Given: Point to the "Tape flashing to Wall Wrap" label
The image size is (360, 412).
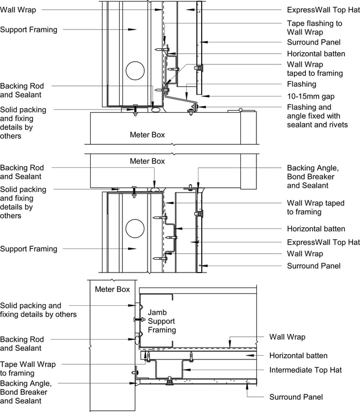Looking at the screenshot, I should tap(314, 28).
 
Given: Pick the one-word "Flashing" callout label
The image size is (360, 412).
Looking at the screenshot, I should tap(302, 84).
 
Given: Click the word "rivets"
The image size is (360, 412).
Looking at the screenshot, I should tap(336, 124).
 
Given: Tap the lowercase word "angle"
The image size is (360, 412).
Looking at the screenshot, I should tap(297, 115).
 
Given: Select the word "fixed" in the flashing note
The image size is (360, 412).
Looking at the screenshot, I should tap(319, 115).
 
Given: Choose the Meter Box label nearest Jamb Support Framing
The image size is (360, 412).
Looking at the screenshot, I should tap(112, 289).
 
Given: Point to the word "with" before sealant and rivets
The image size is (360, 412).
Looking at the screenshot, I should tap(338, 115).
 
